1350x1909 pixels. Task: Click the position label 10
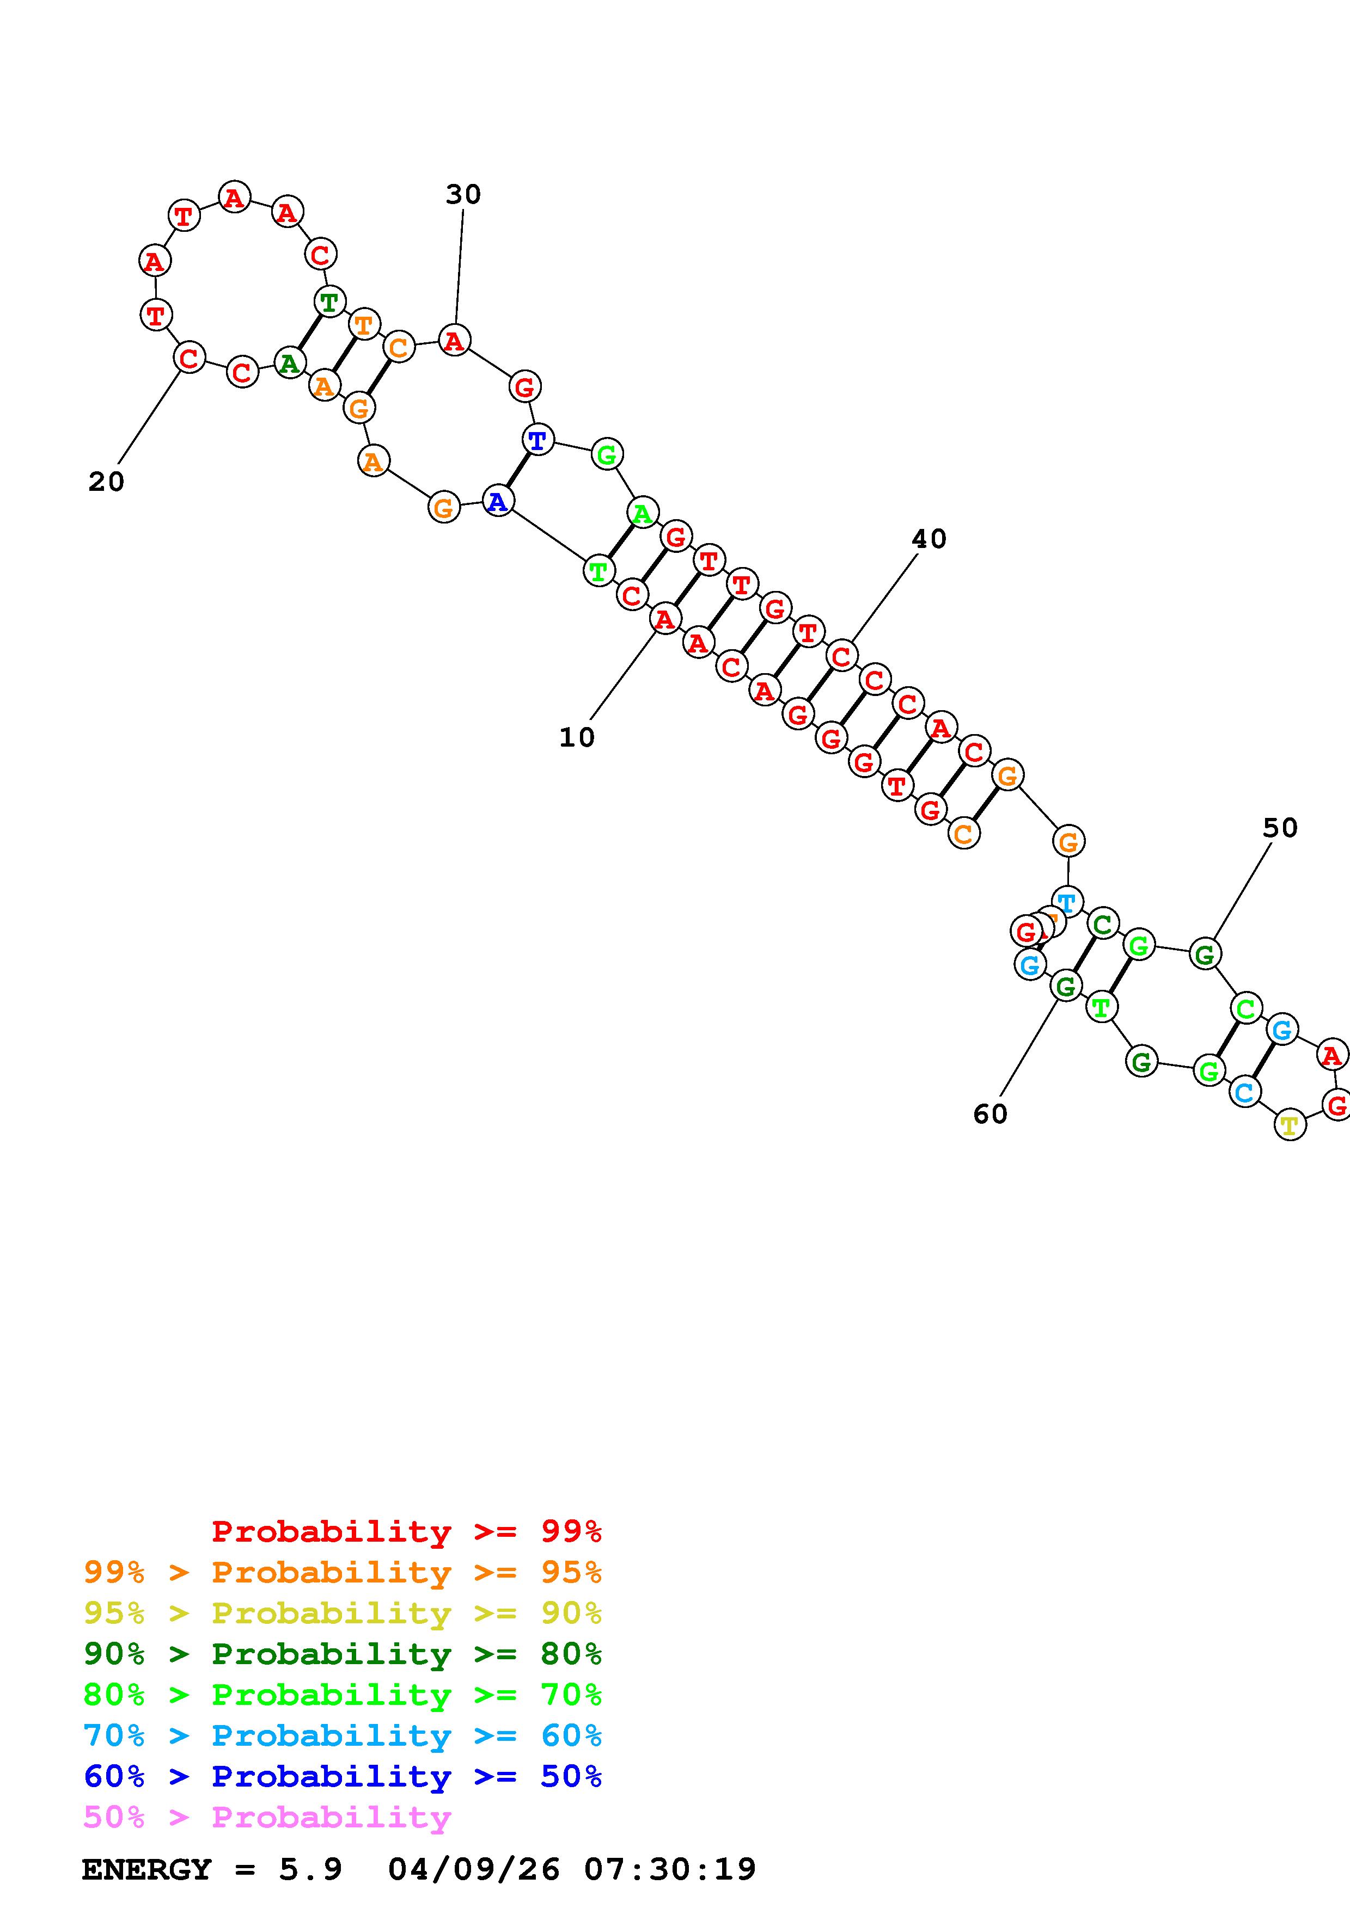577,737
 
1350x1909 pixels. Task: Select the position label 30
463,195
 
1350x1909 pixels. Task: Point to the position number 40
929,540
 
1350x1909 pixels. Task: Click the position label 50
1280,828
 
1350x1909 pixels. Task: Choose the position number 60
990,1114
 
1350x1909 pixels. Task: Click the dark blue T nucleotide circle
538,440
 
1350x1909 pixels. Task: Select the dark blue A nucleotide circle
497,501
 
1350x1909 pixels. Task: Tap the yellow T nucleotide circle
1289,1126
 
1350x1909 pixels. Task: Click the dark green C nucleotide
1103,923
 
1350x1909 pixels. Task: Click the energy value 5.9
310,1869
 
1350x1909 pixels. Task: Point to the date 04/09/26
474,1869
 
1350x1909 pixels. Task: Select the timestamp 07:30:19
670,1869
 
